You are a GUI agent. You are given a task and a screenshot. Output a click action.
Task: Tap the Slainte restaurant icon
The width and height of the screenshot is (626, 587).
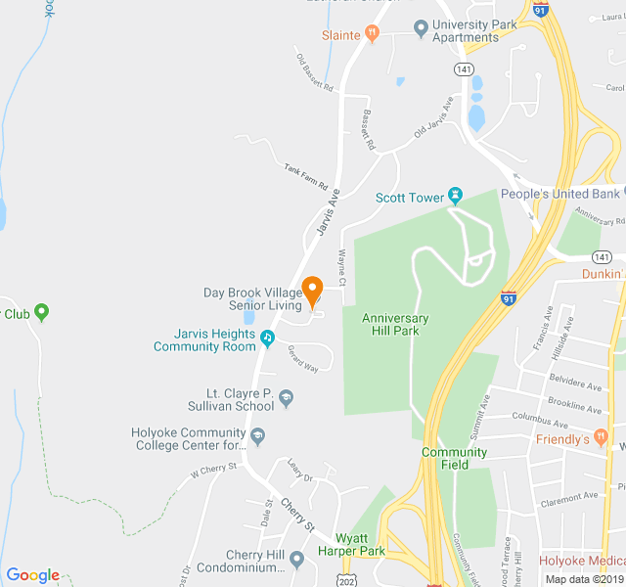(372, 34)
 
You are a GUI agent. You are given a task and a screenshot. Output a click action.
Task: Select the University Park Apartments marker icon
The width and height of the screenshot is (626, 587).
(421, 28)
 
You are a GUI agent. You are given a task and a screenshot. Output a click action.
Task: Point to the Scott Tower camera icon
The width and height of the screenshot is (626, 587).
(455, 197)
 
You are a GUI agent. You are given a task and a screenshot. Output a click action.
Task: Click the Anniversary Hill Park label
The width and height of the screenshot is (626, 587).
(395, 325)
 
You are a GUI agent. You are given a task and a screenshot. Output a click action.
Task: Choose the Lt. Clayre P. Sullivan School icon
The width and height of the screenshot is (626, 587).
(286, 397)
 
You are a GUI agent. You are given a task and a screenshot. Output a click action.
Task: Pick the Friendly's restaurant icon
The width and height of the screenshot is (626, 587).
(601, 438)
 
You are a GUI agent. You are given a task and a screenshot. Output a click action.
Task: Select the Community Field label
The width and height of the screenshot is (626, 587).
(454, 459)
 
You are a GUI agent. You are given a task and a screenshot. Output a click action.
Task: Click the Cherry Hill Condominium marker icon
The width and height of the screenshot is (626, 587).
(296, 559)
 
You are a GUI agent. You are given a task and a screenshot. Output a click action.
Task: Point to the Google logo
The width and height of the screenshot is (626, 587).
(32, 575)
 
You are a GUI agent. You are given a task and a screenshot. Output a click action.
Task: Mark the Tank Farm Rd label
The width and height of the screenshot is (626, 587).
(305, 176)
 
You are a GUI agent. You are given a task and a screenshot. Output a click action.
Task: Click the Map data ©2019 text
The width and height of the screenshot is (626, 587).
(584, 579)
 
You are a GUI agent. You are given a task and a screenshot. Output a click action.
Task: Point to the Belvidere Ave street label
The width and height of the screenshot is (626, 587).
(574, 387)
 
